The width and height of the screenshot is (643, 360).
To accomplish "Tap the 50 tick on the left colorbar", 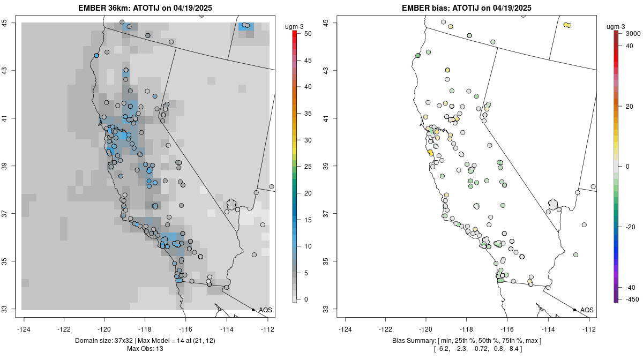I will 306,34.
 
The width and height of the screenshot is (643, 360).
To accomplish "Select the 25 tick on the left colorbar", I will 306,167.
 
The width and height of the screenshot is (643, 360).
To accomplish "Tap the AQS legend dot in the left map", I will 253,310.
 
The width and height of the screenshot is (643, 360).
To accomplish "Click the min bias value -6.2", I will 443,349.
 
